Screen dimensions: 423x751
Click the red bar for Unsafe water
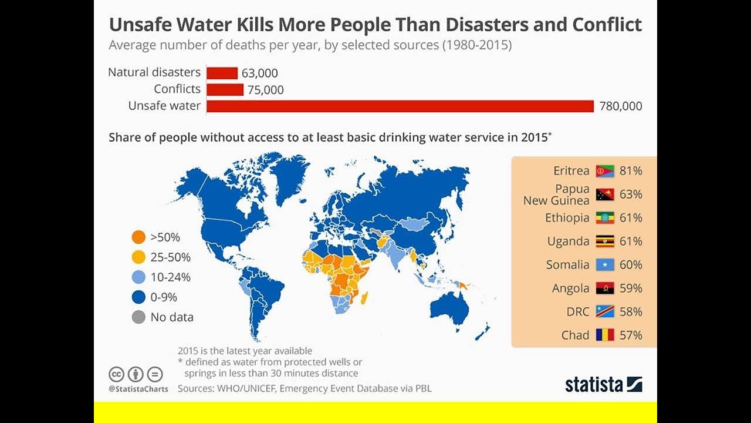coord(400,106)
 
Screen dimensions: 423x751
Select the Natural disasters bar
coord(222,73)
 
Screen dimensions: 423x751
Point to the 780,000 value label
coord(621,106)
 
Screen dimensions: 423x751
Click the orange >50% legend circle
coord(138,237)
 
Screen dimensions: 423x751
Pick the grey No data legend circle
coord(138,317)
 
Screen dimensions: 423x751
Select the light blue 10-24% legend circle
coord(138,277)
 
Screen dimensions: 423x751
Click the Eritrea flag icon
coord(605,171)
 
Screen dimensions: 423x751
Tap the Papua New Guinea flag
coord(605,194)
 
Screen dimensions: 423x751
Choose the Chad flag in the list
coord(605,335)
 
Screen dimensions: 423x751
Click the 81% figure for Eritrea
coord(631,171)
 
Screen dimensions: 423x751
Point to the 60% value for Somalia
coord(631,265)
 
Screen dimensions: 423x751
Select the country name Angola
coord(570,288)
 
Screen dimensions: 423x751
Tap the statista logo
coord(603,385)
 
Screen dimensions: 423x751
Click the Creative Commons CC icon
coord(117,374)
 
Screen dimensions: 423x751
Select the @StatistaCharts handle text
coord(138,389)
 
